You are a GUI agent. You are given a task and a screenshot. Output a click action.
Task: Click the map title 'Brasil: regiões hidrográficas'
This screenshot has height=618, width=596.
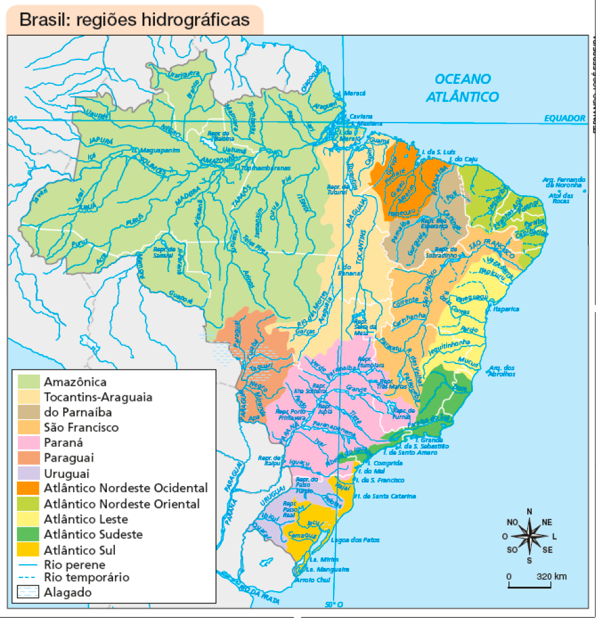[134, 19]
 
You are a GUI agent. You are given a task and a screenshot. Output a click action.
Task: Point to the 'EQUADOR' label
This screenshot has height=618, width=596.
[564, 118]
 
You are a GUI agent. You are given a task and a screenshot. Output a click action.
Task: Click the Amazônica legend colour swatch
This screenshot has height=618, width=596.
[28, 382]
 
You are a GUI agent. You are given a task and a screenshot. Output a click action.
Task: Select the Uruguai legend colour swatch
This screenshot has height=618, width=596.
[28, 473]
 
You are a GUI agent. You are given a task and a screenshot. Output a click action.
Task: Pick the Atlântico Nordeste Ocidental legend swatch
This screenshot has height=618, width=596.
[28, 489]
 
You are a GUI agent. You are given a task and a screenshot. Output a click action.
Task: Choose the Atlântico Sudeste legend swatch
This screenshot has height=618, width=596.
[28, 535]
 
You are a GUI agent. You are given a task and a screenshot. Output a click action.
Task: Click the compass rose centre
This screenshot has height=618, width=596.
[529, 535]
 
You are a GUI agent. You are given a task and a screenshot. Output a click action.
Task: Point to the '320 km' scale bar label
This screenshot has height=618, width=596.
[551, 576]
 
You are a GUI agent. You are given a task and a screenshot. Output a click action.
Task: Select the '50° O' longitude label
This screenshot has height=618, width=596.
[335, 604]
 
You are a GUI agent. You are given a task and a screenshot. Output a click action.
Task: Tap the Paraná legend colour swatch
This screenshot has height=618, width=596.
[28, 443]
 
